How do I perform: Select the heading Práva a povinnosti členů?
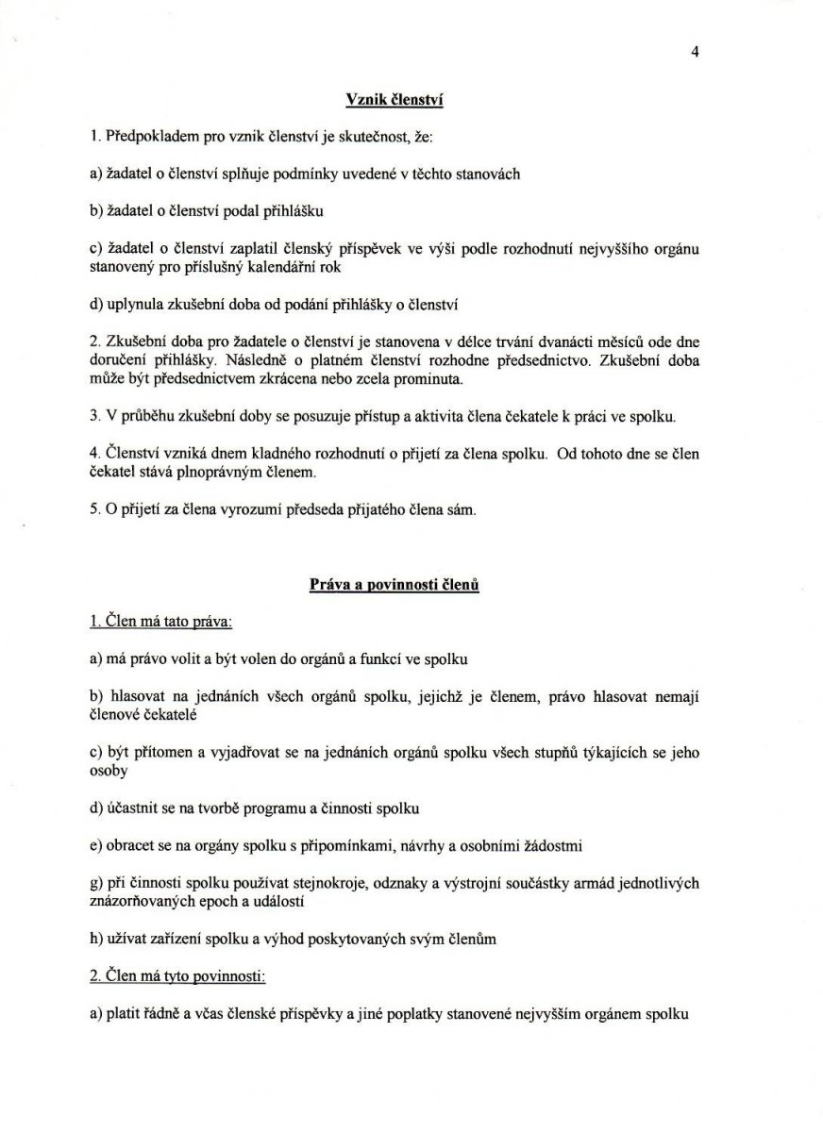395,585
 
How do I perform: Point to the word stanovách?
489,175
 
